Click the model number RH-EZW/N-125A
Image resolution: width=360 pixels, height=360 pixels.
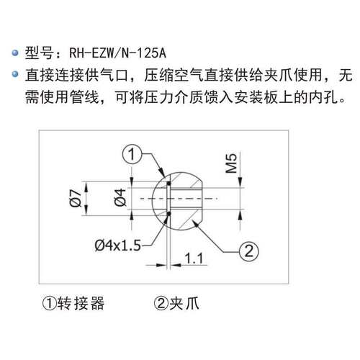(x=117, y=53)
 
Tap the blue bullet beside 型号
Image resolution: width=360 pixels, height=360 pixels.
(x=15, y=53)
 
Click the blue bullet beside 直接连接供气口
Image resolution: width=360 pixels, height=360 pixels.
(x=15, y=74)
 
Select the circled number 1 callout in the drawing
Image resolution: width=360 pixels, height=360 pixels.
(x=132, y=154)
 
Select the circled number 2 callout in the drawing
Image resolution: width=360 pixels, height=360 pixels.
(x=249, y=251)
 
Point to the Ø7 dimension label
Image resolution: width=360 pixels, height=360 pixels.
(x=76, y=198)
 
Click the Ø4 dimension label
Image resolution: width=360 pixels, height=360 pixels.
(x=120, y=197)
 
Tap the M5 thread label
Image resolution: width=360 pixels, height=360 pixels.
(x=232, y=163)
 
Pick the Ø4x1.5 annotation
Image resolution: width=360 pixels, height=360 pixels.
(x=117, y=246)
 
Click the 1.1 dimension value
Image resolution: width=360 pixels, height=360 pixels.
(x=194, y=258)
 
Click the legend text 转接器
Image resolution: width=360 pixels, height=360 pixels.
(x=81, y=303)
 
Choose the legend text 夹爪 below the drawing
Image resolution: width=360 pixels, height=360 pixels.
(x=184, y=303)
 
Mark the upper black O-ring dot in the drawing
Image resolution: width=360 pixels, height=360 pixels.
(x=169, y=184)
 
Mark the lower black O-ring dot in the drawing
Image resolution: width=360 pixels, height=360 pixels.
(x=169, y=214)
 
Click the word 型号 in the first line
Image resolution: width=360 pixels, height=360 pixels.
(x=39, y=53)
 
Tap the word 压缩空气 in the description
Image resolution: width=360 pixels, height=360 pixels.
(x=174, y=75)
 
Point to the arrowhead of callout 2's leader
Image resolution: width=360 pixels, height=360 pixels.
(x=196, y=224)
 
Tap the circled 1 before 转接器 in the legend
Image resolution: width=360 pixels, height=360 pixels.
(x=50, y=303)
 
